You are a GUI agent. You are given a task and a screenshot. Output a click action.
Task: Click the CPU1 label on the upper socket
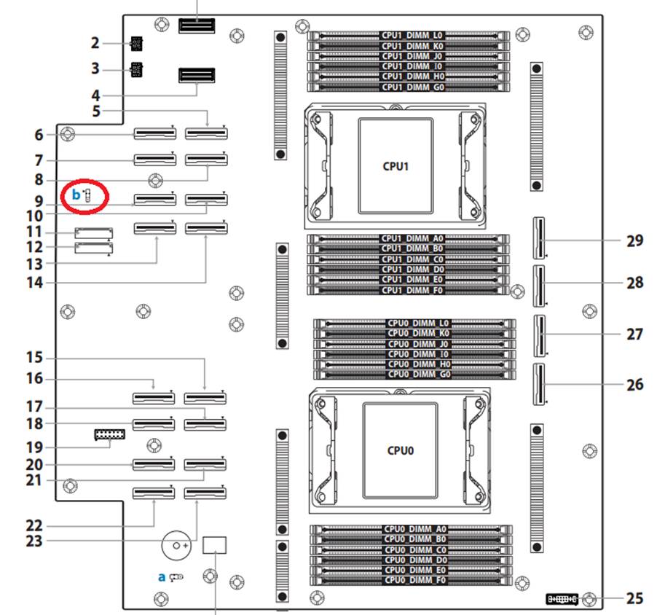(x=396, y=165)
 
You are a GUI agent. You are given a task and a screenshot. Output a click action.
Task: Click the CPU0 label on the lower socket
(x=400, y=450)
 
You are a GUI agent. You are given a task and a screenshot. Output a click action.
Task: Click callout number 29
(x=634, y=240)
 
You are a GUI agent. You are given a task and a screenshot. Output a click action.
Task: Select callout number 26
(x=634, y=384)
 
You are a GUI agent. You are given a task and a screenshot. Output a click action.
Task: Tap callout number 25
(x=634, y=599)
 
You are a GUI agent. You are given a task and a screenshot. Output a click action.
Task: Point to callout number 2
(x=95, y=43)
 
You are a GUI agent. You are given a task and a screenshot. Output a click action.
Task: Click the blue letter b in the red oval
(x=76, y=195)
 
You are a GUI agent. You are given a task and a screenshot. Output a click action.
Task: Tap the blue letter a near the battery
(x=162, y=576)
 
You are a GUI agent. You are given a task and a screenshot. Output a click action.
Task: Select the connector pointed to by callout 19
(x=109, y=435)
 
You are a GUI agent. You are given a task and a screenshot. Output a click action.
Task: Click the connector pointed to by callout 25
(x=562, y=599)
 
